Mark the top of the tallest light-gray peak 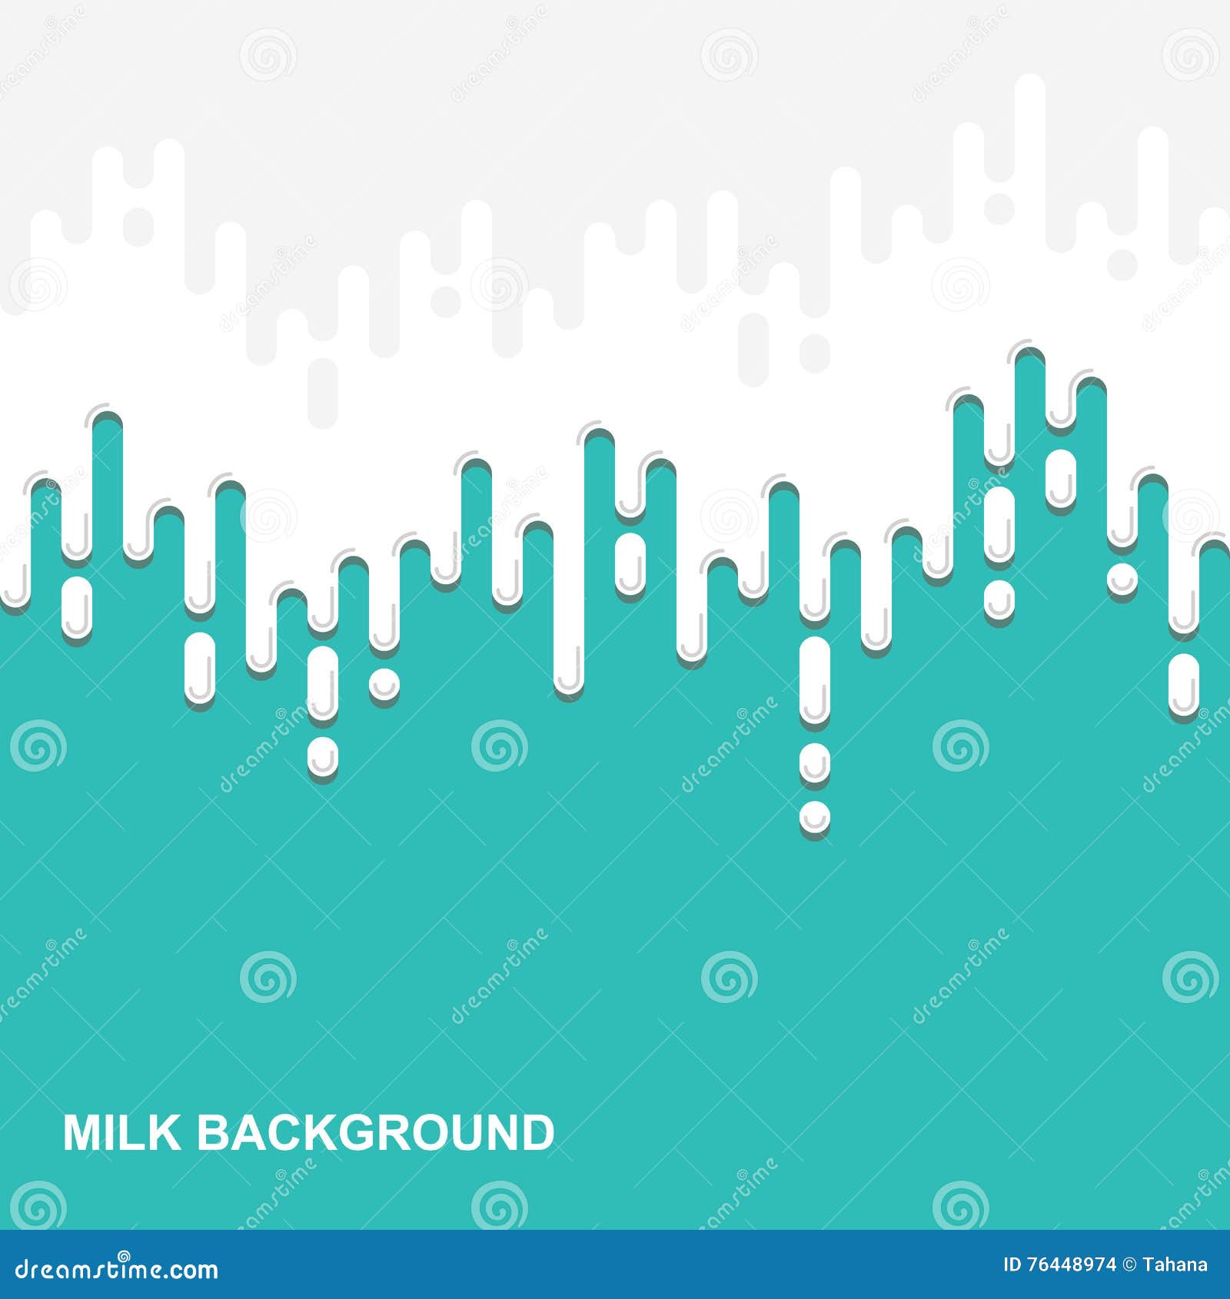pyautogui.click(x=1029, y=83)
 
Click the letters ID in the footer pyautogui.click(x=1014, y=1265)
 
